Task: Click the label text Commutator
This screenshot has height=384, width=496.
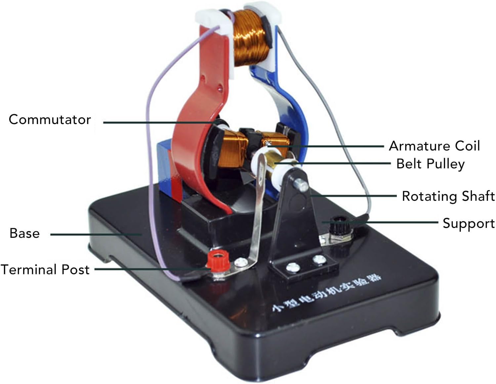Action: [50, 119]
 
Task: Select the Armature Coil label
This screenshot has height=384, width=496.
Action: [434, 146]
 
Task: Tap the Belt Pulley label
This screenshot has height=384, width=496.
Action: [430, 164]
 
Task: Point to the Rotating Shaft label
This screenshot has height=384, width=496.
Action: [448, 196]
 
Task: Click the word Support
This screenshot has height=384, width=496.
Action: [469, 224]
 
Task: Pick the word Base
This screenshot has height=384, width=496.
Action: [24, 233]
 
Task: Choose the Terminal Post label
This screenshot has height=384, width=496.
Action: [45, 270]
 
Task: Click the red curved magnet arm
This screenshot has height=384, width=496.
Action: [195, 139]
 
